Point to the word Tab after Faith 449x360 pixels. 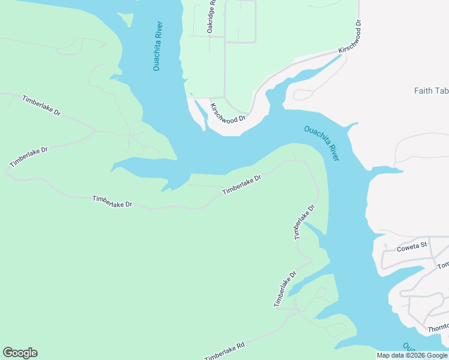[x=442, y=91]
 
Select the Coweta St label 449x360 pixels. [x=412, y=245]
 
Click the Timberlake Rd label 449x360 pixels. [x=224, y=351]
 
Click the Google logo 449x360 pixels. [x=20, y=353]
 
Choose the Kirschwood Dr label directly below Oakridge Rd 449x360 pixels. [x=228, y=112]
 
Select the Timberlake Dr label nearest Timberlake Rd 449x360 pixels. [x=285, y=289]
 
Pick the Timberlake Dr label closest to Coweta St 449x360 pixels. [x=304, y=223]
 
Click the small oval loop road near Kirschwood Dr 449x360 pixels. [x=303, y=95]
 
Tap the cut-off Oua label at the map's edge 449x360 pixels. [x=409, y=347]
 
